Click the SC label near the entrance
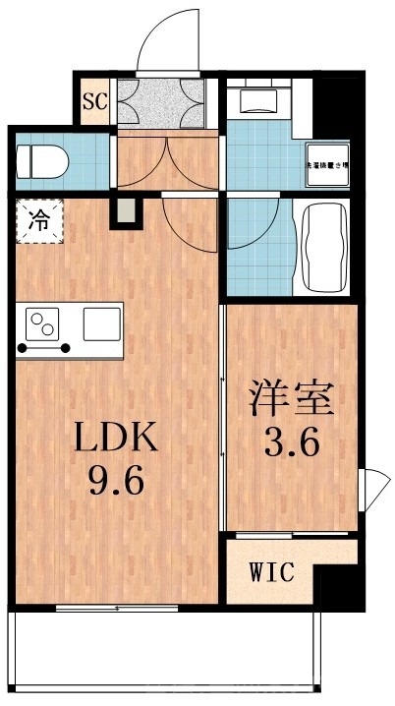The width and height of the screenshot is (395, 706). [95, 100]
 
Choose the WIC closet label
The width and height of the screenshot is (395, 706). [270, 571]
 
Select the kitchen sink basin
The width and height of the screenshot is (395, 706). [101, 323]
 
